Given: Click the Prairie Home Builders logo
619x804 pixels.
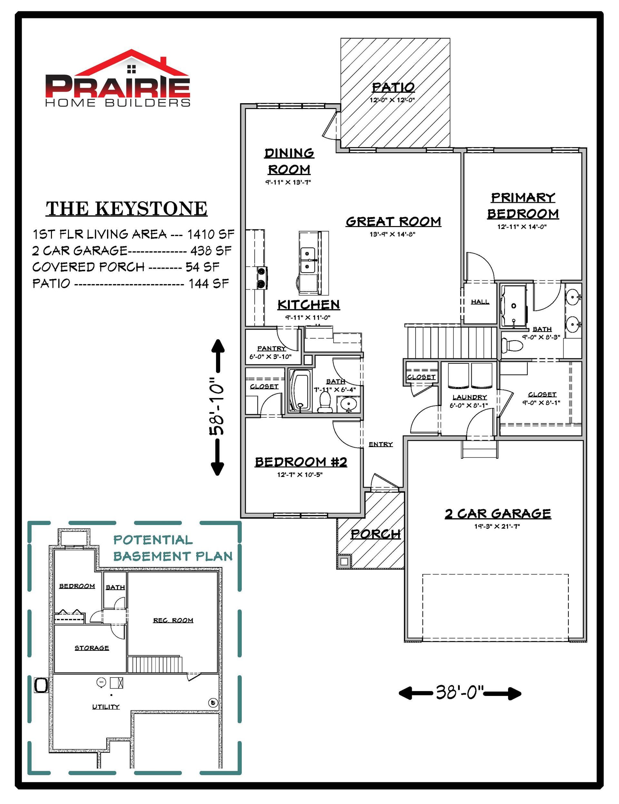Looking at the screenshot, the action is coord(118,78).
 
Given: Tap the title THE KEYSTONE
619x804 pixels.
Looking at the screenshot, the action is coord(127,208).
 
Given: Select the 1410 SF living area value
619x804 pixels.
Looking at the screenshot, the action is coord(211,234).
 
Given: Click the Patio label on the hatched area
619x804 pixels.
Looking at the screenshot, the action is coord(393,87).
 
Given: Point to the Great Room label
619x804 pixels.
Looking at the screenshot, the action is coord(393,221).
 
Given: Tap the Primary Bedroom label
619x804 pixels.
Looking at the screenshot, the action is coord(523,205).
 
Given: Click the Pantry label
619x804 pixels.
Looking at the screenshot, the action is coord(271,348).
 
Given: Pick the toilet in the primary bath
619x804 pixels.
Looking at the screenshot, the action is coord(512,346).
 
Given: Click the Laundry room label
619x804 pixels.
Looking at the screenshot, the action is coord(470,397).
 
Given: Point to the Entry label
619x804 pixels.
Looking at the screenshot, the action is coord(380,444).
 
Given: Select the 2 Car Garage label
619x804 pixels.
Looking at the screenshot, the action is coord(497,513).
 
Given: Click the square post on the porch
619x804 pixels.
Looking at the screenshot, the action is coord(344,562).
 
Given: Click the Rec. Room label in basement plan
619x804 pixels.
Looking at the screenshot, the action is coord(173,620).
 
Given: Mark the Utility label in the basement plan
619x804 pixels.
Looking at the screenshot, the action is coord(106,707).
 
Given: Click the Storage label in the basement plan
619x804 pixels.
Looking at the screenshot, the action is coord(92,648).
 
